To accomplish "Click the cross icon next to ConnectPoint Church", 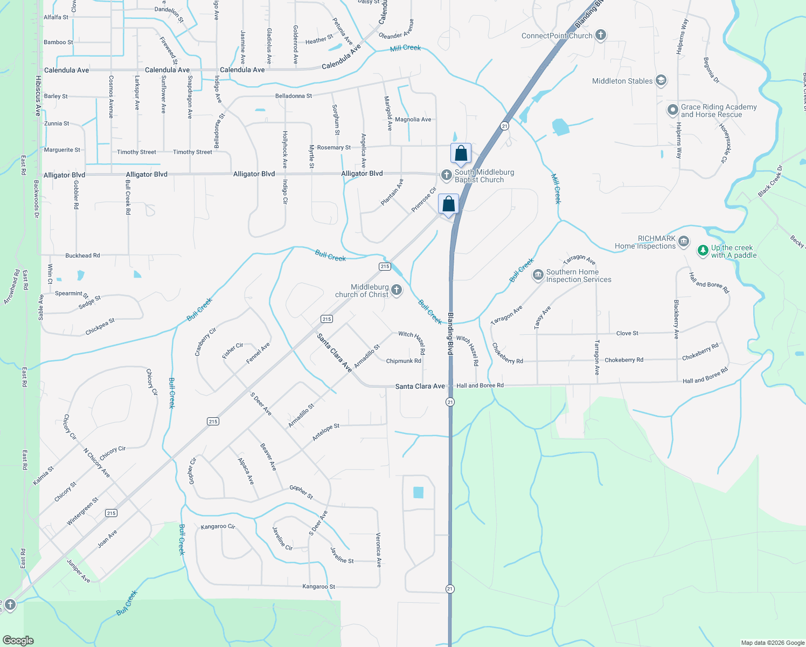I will pyautogui.click(x=601, y=36).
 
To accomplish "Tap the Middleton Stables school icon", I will pyautogui.click(x=661, y=81).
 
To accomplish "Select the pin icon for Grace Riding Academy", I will pyautogui.click(x=672, y=110).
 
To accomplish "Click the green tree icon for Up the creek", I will pyautogui.click(x=703, y=251).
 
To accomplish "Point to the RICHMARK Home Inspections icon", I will pyautogui.click(x=684, y=241).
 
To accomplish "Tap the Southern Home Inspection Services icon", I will pyautogui.click(x=538, y=276).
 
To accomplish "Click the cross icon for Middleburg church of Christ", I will pyautogui.click(x=397, y=291).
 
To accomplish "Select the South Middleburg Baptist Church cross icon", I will pyautogui.click(x=446, y=175).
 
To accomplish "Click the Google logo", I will pyautogui.click(x=18, y=640).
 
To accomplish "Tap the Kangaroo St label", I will pyautogui.click(x=318, y=587).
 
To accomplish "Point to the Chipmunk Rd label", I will pyautogui.click(x=404, y=361).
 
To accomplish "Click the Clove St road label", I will pyautogui.click(x=627, y=333).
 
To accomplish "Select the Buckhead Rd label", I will pyautogui.click(x=82, y=256).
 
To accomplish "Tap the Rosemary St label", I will pyautogui.click(x=333, y=147).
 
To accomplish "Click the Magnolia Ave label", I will pyautogui.click(x=413, y=120).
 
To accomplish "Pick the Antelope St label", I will pyautogui.click(x=326, y=432).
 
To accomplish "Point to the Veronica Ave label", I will pyautogui.click(x=379, y=550).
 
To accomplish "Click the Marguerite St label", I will pyautogui.click(x=62, y=150).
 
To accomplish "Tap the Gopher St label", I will pyautogui.click(x=301, y=491).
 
